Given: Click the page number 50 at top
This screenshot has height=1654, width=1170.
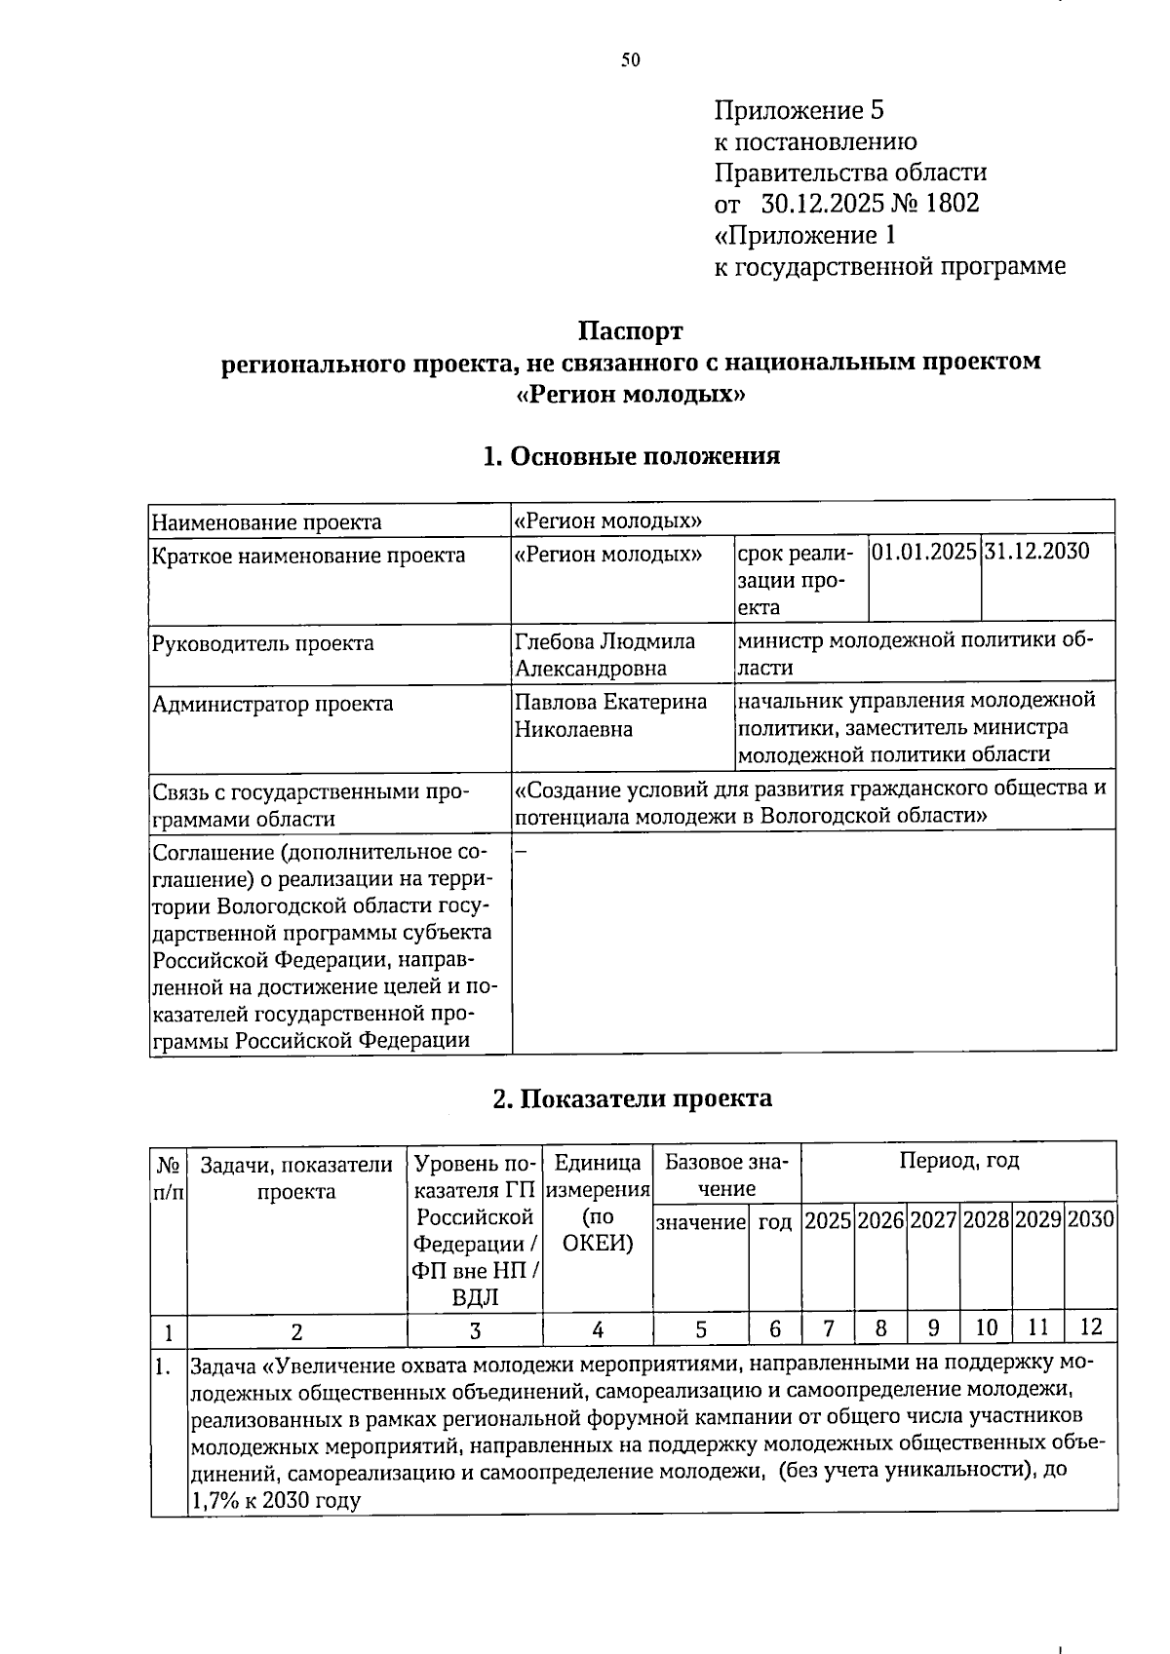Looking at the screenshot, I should point(631,60).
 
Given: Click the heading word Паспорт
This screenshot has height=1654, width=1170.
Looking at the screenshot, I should point(631,331).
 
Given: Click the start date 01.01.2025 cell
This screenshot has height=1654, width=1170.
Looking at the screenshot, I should point(923,552).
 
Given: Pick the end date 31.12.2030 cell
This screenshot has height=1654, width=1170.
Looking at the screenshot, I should point(1036,552).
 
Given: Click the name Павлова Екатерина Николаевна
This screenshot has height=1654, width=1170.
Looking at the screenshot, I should point(610,715).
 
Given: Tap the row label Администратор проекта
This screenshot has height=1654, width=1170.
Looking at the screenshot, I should point(272,704).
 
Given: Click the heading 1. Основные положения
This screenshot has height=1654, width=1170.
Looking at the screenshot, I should point(631,456).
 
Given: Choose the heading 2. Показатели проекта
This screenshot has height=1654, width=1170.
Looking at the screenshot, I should point(631,1098).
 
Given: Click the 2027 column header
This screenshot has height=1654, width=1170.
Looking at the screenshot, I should point(932,1220).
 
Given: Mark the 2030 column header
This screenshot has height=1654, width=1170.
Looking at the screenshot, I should point(1090,1220).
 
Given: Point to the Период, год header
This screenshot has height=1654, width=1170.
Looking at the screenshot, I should point(958,1161).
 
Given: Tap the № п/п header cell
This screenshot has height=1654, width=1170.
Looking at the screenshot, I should point(168,1176).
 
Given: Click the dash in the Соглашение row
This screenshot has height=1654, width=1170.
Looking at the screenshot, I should point(520,852).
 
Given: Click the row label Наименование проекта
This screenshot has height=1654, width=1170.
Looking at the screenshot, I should point(266,522).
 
